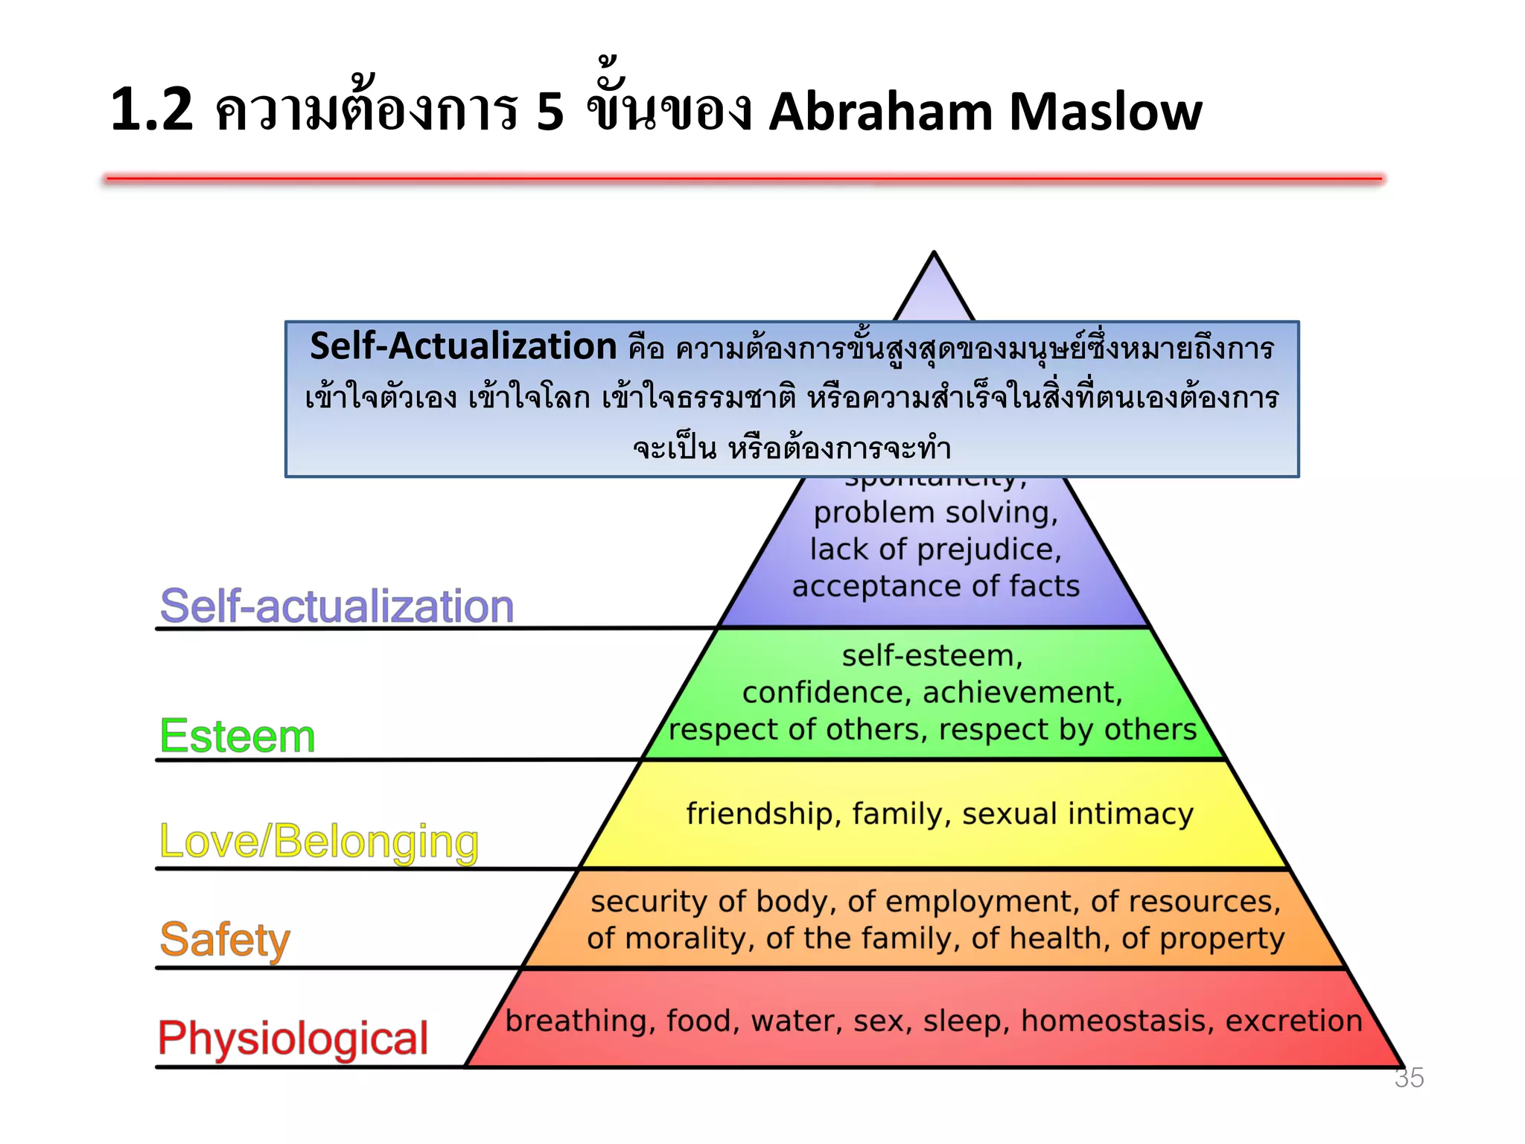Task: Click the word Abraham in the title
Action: tap(880, 112)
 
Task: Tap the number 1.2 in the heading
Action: tap(152, 110)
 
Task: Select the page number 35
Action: tap(1409, 1078)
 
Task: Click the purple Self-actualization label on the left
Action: tap(337, 606)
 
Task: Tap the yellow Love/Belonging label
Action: tap(319, 842)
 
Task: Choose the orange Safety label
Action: tap(225, 939)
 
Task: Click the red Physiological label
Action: tap(293, 1038)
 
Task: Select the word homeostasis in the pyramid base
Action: tap(1118, 1020)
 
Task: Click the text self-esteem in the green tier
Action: tap(932, 655)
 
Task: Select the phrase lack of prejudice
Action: tap(935, 550)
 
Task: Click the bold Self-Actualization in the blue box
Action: tap(463, 347)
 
